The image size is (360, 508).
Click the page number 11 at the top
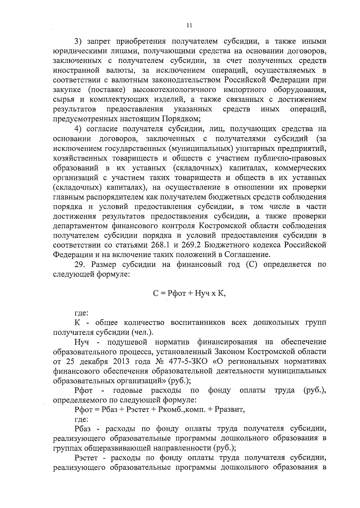(x=189, y=26)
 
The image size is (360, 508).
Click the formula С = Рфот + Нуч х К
(x=189, y=293)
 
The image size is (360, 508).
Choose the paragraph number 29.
(x=80, y=265)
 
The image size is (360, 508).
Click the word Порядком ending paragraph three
(x=181, y=119)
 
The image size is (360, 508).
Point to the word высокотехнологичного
(x=175, y=90)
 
